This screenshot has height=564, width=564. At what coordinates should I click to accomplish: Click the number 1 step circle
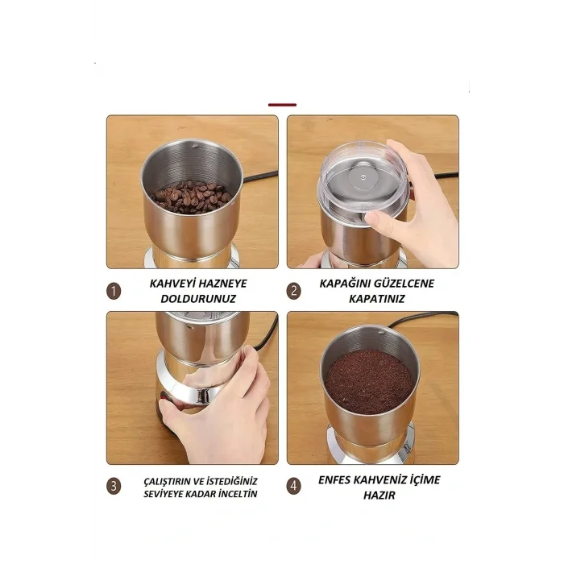coord(114,291)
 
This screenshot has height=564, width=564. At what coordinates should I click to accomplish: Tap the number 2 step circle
coord(294,291)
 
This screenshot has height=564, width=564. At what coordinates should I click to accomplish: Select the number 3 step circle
coord(114,487)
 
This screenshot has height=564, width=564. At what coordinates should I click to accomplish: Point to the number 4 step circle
coord(294,487)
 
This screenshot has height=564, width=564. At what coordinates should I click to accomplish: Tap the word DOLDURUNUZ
coord(198,299)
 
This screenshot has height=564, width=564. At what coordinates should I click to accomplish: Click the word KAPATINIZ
coord(377,299)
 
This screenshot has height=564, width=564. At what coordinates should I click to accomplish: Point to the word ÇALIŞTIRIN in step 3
coord(168,481)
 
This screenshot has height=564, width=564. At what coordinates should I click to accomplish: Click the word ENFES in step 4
coord(334,480)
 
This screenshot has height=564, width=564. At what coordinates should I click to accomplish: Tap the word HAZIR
coord(379,496)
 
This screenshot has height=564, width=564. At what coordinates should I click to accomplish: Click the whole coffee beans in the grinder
coord(192,197)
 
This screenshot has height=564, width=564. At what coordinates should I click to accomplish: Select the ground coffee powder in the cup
coord(369,382)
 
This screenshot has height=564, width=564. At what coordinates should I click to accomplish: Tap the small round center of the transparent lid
coord(363,177)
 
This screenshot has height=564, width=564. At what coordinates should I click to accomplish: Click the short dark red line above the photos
coord(282,105)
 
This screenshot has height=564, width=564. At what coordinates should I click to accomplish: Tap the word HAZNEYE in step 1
coord(222,284)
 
